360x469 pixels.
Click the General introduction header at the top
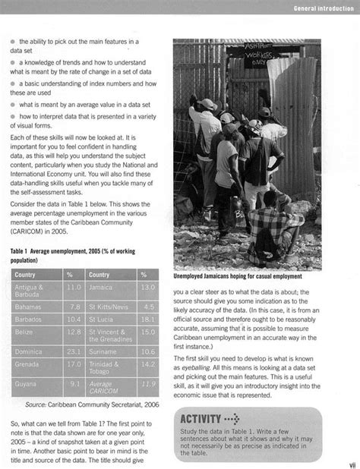322,8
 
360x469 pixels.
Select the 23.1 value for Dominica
74,351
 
